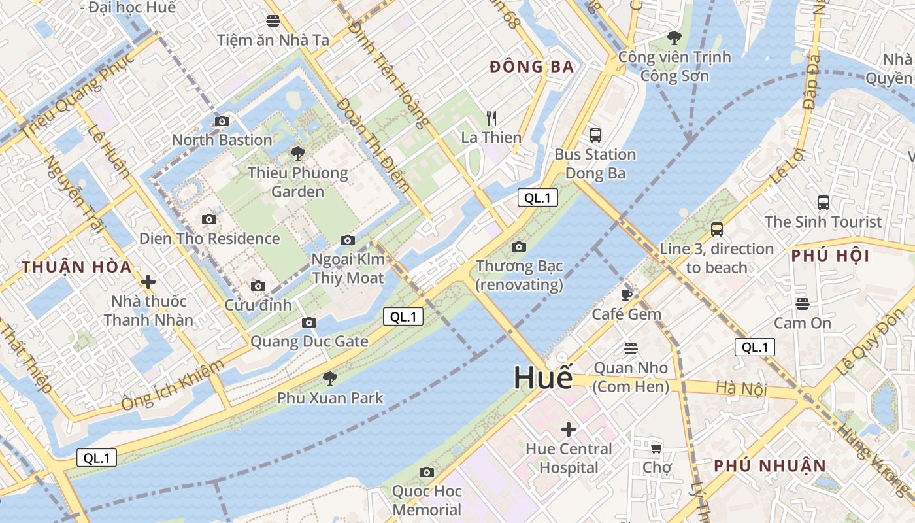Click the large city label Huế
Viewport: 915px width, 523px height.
542,378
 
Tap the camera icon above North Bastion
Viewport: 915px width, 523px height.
222,121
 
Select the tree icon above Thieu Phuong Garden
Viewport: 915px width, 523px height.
298,154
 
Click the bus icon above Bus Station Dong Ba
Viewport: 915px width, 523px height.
595,135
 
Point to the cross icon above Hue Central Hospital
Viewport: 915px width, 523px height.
569,430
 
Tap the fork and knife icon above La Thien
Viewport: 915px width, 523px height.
491,118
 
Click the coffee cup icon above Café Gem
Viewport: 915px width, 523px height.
627,295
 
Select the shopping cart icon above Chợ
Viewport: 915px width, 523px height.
657,448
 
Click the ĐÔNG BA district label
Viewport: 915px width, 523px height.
531,67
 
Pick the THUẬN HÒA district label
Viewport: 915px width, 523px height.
76,267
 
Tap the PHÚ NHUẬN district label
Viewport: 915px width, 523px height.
770,466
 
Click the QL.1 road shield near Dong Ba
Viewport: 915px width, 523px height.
538,198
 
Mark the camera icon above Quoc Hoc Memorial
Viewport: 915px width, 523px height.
427,472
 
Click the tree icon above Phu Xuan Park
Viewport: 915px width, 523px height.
330,378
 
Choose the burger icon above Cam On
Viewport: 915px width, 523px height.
803,303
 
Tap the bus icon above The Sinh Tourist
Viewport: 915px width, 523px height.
823,203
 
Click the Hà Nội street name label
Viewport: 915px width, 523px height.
740,389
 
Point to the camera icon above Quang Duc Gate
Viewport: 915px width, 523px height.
309,322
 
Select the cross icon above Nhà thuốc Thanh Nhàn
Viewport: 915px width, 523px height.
148,282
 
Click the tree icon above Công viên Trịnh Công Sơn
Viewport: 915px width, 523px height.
674,38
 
